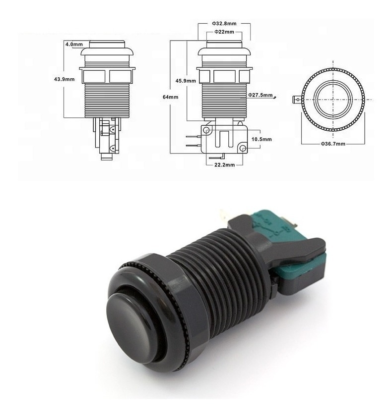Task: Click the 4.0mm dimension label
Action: (74, 44)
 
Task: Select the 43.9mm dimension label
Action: (65, 79)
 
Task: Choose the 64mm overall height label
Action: (170, 97)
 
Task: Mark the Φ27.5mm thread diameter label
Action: (261, 95)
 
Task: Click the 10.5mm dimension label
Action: (261, 139)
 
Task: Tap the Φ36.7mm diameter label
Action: (332, 143)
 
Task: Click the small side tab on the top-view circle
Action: (298, 99)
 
